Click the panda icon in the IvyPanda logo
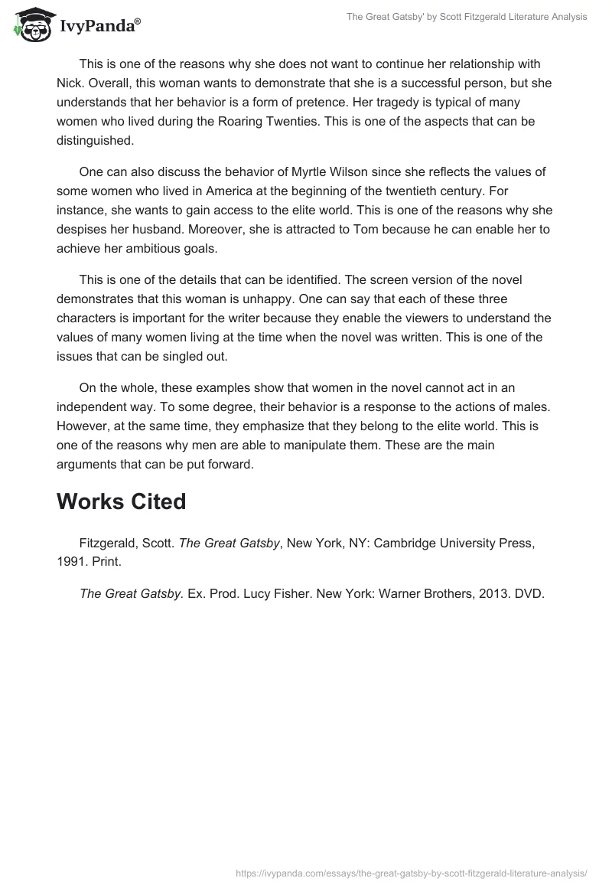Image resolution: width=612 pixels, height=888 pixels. click(x=31, y=25)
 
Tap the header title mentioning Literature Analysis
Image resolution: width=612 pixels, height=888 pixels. click(x=467, y=17)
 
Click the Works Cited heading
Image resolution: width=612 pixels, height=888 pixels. click(x=121, y=501)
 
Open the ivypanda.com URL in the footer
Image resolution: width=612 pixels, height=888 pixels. click(x=412, y=872)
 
